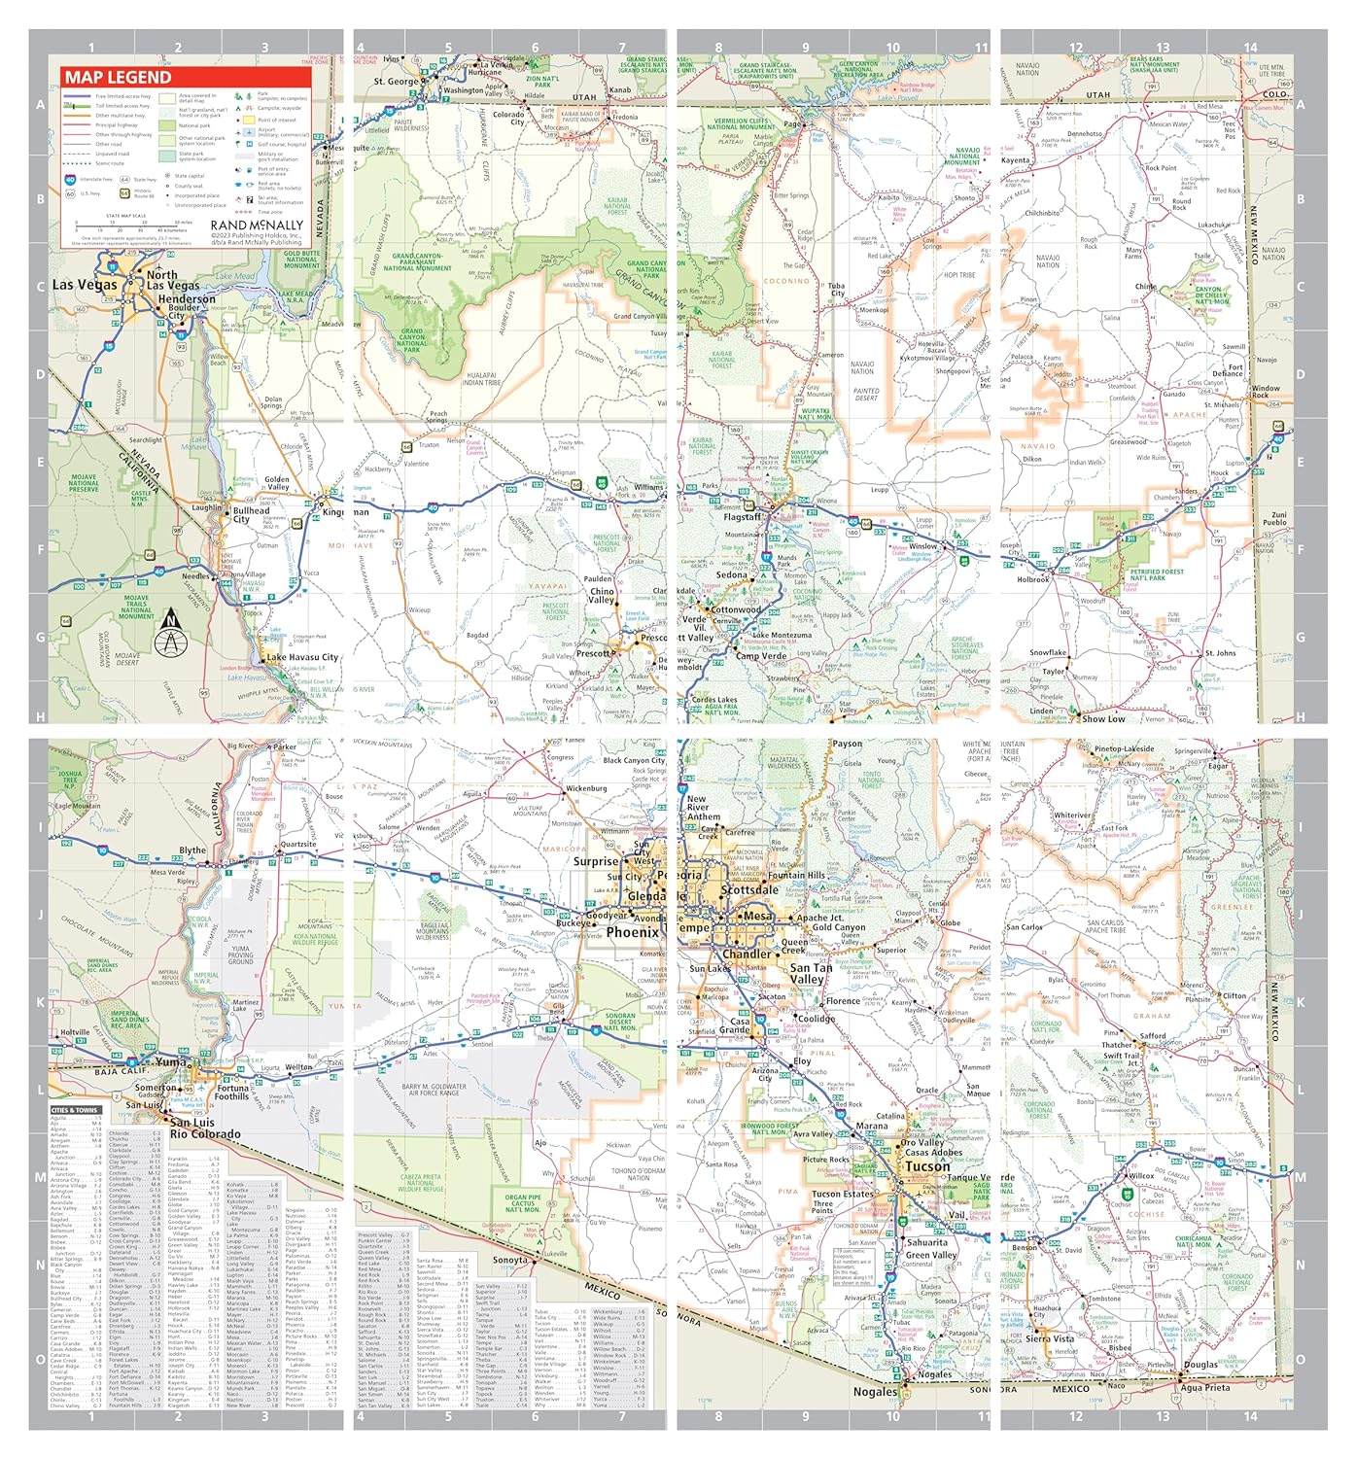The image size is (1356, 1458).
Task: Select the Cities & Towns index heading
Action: click(74, 1110)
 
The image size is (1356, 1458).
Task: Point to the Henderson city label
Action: click(187, 299)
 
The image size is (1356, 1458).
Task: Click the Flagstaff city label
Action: click(744, 517)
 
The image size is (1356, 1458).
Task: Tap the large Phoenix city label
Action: click(632, 932)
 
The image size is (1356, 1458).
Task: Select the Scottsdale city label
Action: click(749, 889)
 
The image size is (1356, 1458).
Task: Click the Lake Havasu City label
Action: click(302, 658)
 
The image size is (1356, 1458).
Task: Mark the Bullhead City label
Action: click(252, 514)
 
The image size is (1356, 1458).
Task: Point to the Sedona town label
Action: click(732, 574)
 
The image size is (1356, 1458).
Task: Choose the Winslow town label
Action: click(923, 546)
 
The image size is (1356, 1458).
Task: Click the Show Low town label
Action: click(1103, 719)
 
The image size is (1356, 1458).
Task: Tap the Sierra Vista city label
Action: click(1050, 1338)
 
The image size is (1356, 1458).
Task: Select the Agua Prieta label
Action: click(1204, 1388)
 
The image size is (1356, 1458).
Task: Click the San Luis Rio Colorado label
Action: click(204, 1128)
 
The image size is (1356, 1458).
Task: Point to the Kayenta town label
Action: click(1015, 160)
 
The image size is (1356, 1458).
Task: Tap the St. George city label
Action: click(396, 82)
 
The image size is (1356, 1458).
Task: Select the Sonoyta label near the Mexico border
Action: click(510, 1260)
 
